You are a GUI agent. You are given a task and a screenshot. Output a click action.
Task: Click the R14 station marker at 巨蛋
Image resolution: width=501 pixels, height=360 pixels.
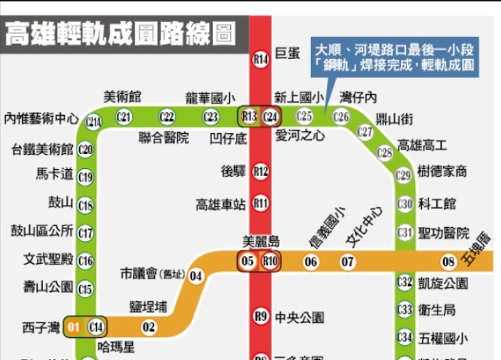(261, 58)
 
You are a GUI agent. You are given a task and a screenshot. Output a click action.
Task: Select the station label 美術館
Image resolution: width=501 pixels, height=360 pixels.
(123, 97)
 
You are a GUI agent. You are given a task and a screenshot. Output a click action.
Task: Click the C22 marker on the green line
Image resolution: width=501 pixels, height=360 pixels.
(167, 117)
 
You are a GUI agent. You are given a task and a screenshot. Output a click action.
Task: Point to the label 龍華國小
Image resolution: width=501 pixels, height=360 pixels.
(209, 98)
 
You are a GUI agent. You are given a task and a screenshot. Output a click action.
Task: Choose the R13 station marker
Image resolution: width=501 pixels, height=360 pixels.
(250, 117)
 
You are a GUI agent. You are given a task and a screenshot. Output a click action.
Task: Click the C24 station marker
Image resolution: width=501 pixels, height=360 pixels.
(271, 117)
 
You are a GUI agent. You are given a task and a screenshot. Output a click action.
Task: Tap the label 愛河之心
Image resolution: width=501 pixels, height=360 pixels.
(301, 135)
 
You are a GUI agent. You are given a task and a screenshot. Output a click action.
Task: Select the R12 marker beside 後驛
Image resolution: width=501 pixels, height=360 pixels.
(261, 171)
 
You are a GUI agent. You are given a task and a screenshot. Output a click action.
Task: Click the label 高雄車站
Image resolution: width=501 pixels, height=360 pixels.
(220, 204)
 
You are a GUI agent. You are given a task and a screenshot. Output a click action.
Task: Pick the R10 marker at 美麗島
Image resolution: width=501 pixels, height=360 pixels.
(271, 261)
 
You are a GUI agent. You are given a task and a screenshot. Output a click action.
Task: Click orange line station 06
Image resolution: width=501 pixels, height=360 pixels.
(311, 261)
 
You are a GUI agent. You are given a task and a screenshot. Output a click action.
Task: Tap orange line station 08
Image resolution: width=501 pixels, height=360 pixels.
(449, 261)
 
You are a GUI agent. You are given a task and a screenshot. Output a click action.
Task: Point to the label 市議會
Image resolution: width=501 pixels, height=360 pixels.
(139, 274)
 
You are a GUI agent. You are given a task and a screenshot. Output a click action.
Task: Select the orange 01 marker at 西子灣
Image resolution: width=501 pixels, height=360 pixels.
(75, 326)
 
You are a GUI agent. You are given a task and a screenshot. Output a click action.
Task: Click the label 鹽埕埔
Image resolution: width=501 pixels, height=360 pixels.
(147, 307)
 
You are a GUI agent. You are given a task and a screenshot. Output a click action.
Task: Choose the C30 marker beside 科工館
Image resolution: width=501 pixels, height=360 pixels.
(405, 204)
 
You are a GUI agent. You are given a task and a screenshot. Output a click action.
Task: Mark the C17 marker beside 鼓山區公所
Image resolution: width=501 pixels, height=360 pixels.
(86, 232)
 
